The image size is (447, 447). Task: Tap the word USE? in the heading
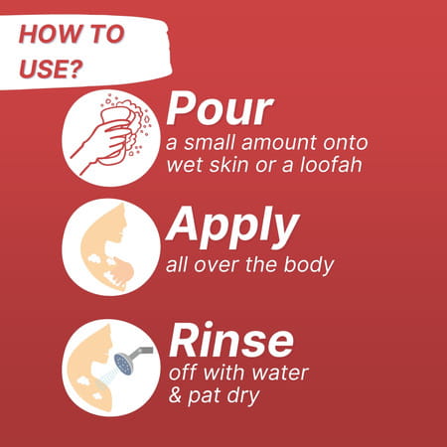coord(51,69)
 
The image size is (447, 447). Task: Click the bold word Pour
coord(220,109)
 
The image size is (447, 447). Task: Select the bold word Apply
coord(232,226)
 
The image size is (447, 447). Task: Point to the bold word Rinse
coord(230,340)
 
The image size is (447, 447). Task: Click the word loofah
coord(331,164)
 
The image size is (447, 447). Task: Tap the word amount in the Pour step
coord(279,143)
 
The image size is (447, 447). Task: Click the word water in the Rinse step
coord(280,373)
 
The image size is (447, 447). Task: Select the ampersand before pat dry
coord(175,395)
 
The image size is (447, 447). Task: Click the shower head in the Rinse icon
coord(123,364)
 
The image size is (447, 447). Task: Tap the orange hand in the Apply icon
coord(121,272)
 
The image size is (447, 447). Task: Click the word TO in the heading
coord(107,34)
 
